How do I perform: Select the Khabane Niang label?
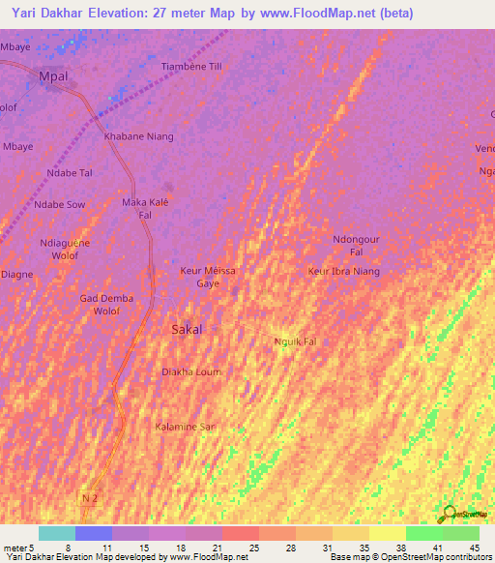point(139,136)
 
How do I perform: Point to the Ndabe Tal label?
point(70,173)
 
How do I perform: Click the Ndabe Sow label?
point(60,205)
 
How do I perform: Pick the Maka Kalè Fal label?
point(146,208)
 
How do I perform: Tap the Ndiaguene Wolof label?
point(65,249)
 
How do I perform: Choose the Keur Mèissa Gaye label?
point(208,278)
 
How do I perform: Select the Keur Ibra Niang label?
point(343,272)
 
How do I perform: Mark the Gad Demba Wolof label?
point(106,305)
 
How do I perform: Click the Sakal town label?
point(187,330)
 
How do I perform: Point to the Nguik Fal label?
point(295,341)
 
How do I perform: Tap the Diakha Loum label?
point(190,371)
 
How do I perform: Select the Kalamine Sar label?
point(185,426)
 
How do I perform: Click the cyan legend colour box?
point(56,533)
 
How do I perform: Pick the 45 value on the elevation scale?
point(475,548)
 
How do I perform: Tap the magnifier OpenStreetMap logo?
point(448,514)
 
